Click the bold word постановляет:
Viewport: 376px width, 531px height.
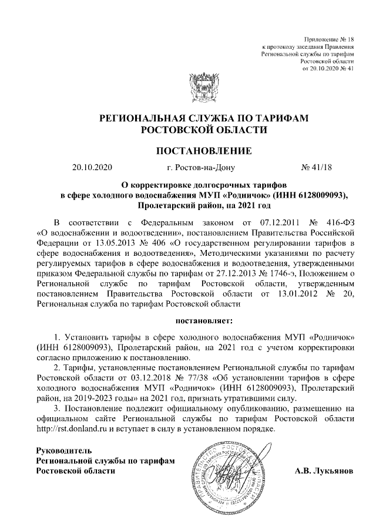(x=204, y=321)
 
